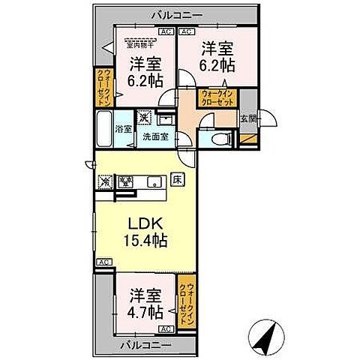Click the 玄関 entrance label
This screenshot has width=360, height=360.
click(247, 118)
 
